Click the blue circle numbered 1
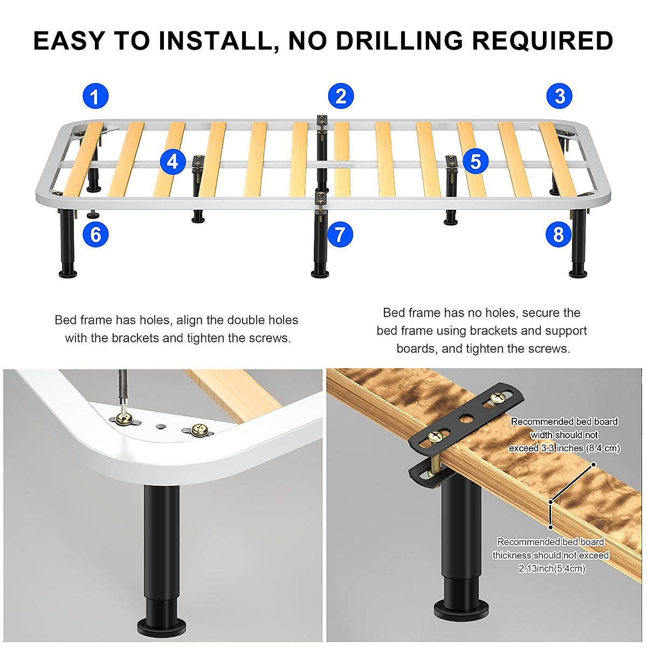tap(95, 97)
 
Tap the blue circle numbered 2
tap(341, 97)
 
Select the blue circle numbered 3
tap(560, 97)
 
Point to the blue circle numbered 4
tap(173, 162)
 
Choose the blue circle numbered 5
tap(475, 161)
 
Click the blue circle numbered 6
tap(95, 235)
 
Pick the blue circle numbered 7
tap(340, 235)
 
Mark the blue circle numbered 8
tap(558, 235)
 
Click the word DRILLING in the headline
tap(375, 41)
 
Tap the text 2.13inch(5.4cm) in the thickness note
tap(552, 568)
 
